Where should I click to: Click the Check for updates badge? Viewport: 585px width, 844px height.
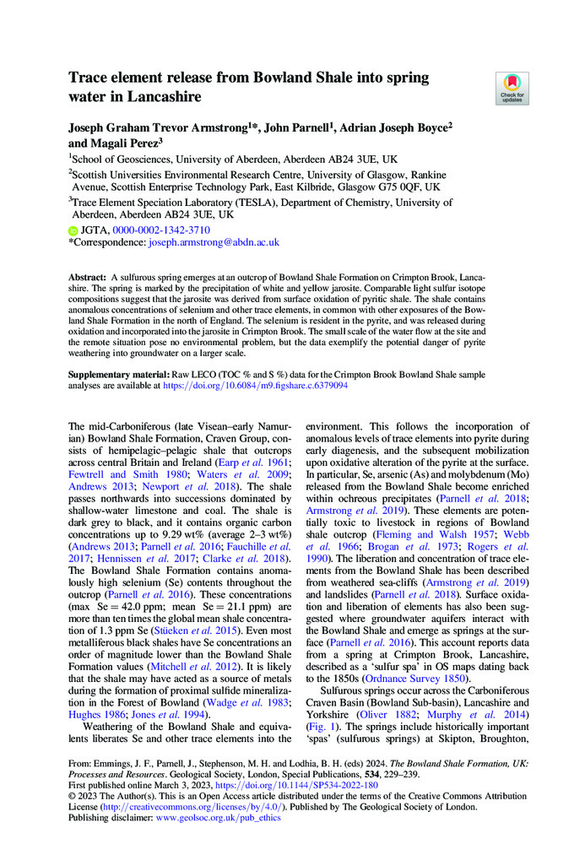tap(512, 89)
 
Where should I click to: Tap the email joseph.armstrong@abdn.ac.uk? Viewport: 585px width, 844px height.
tap(214, 242)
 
